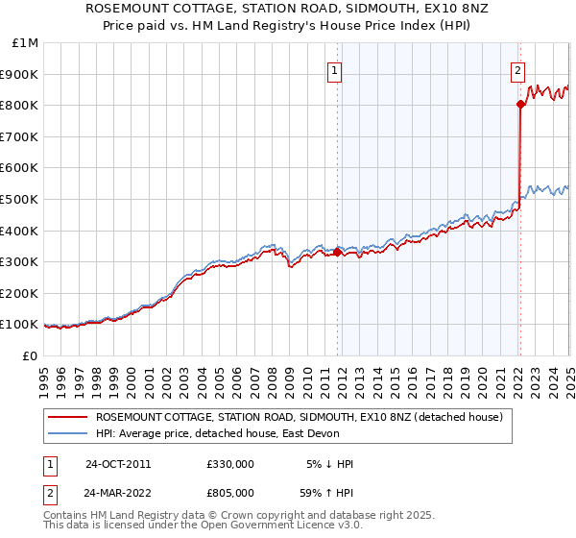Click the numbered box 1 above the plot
pos(334,69)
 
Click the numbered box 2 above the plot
pos(517,69)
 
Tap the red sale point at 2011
pos(337,252)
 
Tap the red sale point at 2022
pos(519,104)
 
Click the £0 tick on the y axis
pos(31,355)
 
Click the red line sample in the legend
pos(68,418)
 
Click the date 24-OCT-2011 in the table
pos(117,464)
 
